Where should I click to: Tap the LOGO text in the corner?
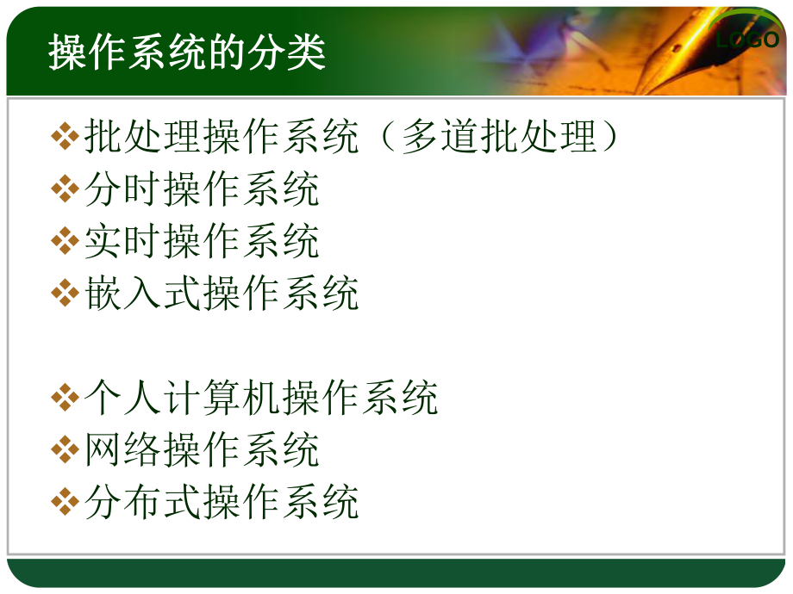click(747, 40)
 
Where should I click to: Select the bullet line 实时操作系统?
click(202, 242)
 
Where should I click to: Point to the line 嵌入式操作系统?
click(222, 294)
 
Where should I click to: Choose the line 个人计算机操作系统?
click(261, 398)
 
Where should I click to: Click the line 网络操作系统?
click(202, 449)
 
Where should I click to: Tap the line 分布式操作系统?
click(222, 502)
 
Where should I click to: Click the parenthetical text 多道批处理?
click(499, 138)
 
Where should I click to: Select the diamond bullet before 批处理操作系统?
click(65, 139)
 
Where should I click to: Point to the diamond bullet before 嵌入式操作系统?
click(65, 294)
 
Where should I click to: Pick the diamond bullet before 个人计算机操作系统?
click(65, 399)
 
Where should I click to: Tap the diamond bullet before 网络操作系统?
click(65, 450)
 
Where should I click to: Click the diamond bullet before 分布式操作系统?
click(65, 503)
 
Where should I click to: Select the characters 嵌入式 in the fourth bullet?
click(143, 294)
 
